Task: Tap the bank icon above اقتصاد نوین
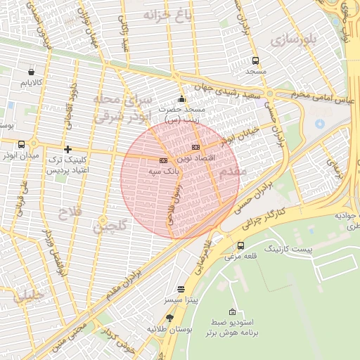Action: [195, 147]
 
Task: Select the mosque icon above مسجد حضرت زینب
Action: [181, 98]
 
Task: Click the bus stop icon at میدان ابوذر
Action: [21, 143]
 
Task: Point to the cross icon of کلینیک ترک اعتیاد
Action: [67, 149]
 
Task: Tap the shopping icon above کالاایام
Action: [31, 72]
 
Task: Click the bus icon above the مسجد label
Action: [255, 60]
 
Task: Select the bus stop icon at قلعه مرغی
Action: [241, 245]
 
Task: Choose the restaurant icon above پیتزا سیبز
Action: [181, 289]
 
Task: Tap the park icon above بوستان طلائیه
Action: [169, 318]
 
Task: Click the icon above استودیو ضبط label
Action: [233, 311]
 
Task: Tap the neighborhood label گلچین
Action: [111, 226]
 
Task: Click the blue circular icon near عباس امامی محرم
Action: [320, 124]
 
